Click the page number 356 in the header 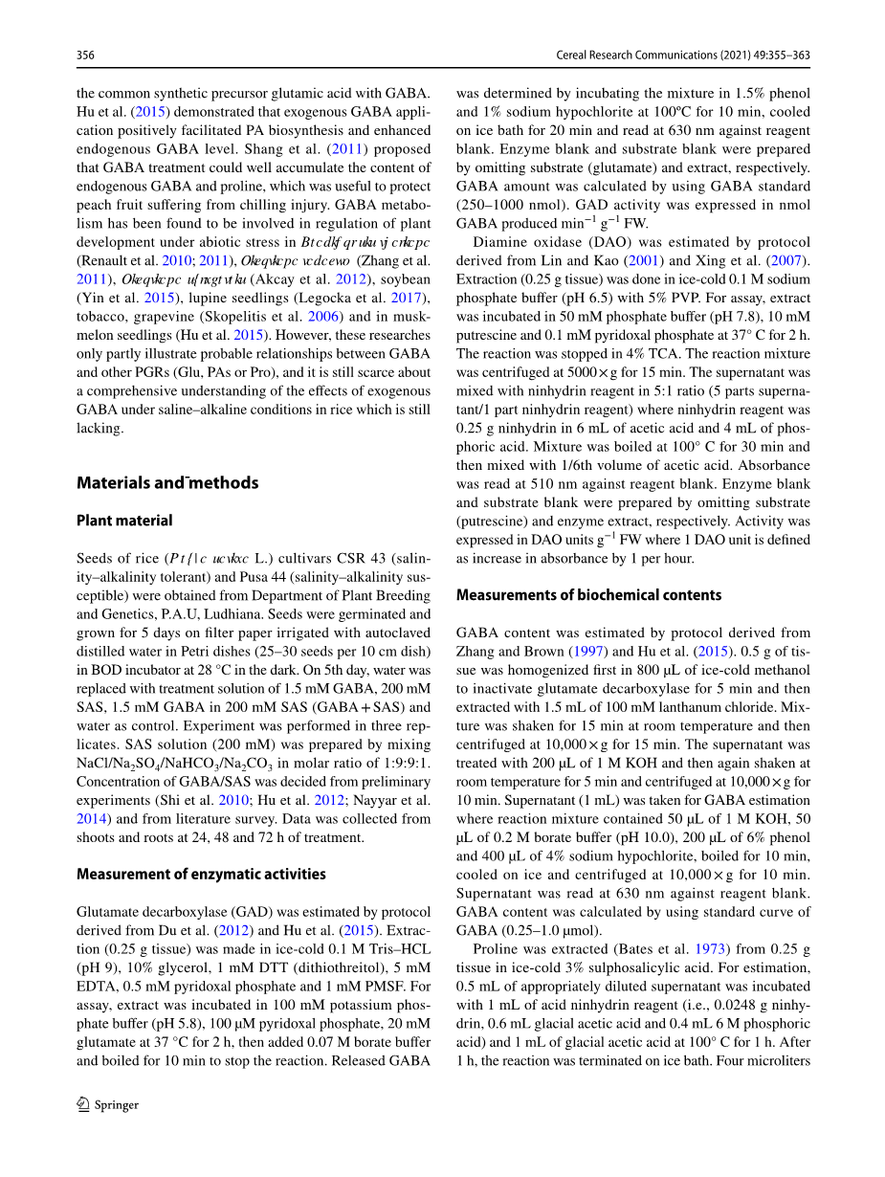(x=85, y=56)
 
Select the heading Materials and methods (x=167, y=483)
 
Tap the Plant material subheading (x=124, y=521)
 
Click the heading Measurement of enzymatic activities (x=201, y=874)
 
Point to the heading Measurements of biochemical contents (x=588, y=595)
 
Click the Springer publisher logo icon (x=83, y=1104)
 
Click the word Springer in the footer (x=117, y=1105)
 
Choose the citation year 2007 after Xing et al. (x=789, y=260)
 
